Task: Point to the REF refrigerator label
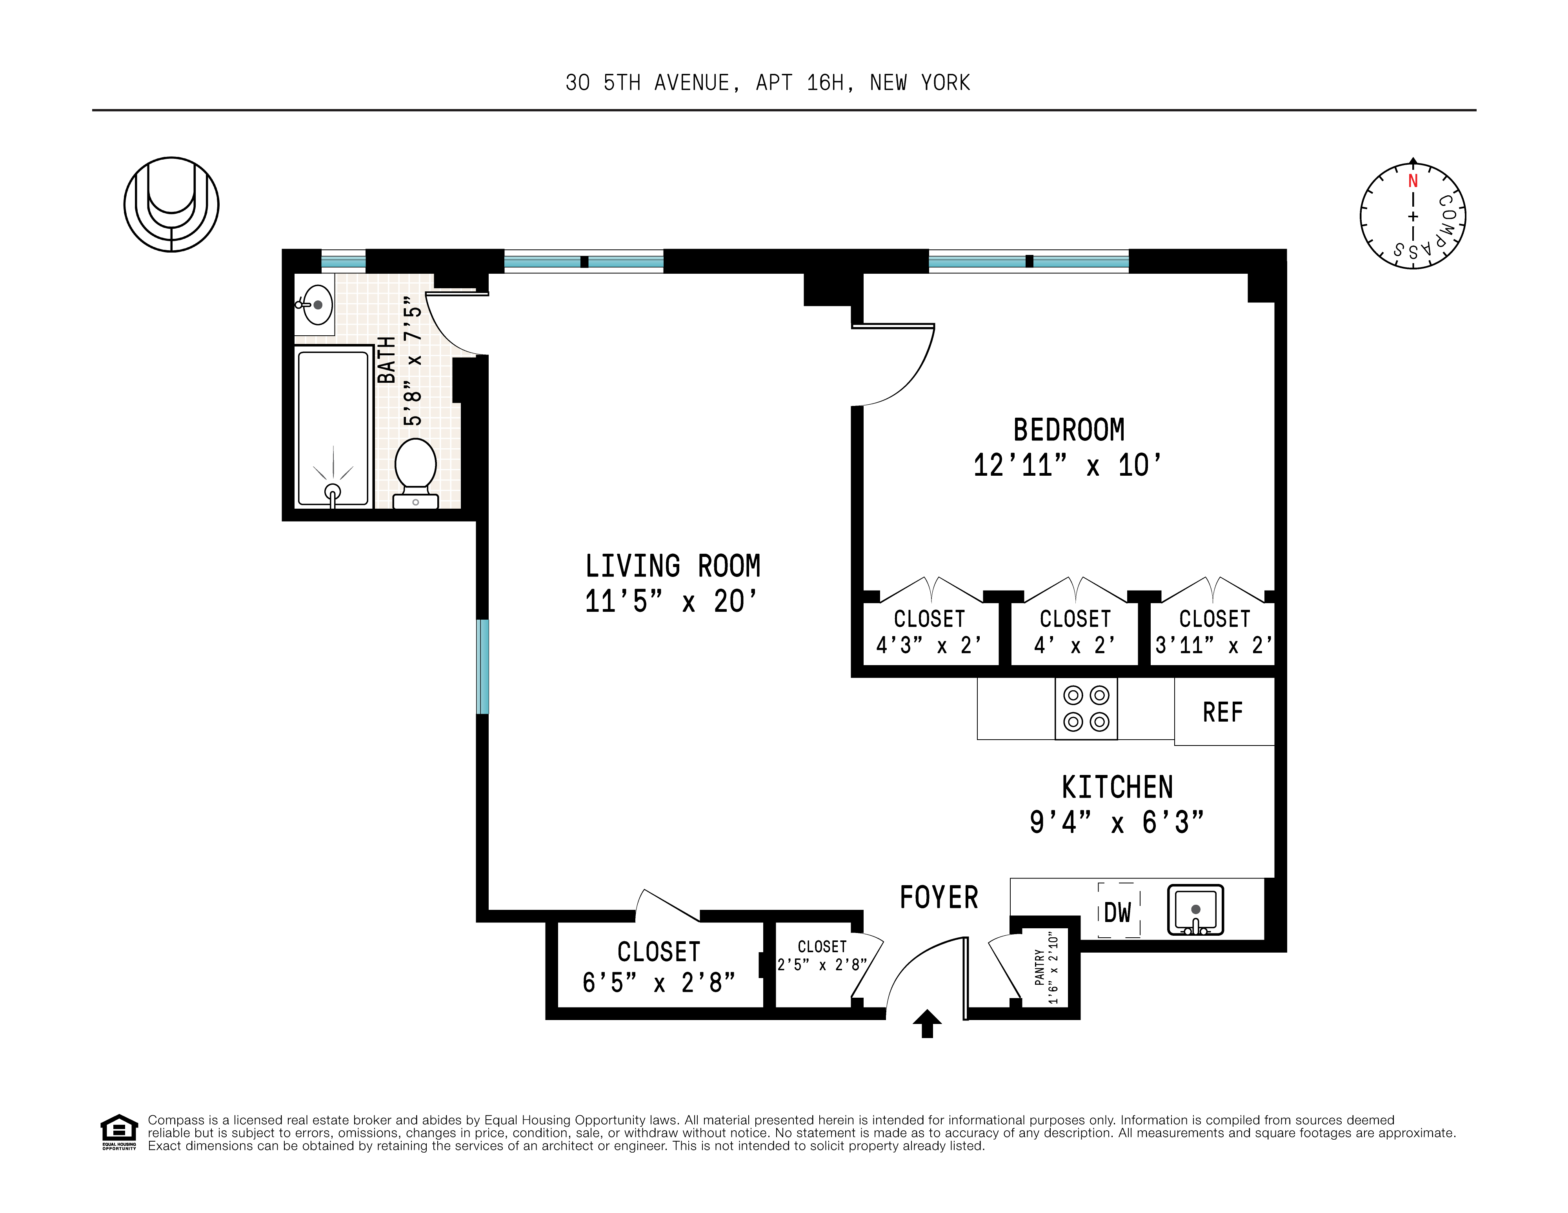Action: pyautogui.click(x=1222, y=713)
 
